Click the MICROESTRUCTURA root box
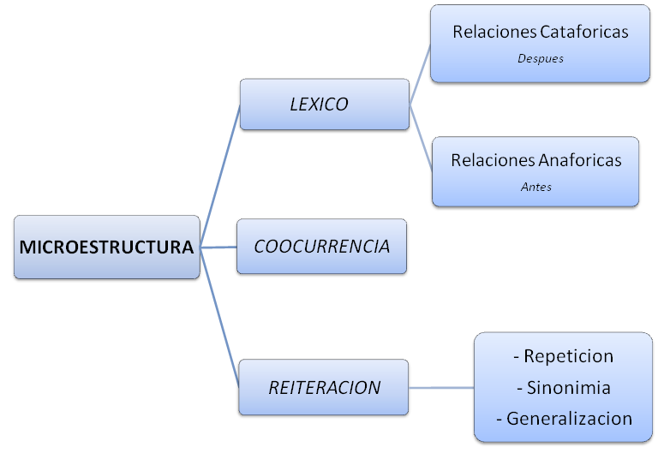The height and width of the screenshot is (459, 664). (x=106, y=247)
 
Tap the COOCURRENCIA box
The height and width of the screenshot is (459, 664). (x=321, y=247)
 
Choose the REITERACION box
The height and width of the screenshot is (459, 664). (x=324, y=387)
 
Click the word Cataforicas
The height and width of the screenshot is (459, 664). (x=584, y=32)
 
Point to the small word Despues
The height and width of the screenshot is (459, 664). (x=540, y=59)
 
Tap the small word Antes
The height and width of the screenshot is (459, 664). (x=535, y=187)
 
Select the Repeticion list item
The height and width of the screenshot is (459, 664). (x=568, y=356)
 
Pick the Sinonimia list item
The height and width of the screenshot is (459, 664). (x=568, y=388)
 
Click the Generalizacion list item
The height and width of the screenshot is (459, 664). (x=569, y=419)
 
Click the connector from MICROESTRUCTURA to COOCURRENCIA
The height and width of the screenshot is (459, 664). (x=218, y=247)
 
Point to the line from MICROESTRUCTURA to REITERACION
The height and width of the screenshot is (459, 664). (x=219, y=318)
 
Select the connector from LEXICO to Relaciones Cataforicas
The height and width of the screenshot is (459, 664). (x=420, y=75)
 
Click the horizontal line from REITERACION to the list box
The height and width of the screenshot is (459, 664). (x=440, y=388)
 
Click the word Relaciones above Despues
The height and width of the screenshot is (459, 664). (x=495, y=32)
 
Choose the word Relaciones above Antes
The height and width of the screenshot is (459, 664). (x=493, y=160)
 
